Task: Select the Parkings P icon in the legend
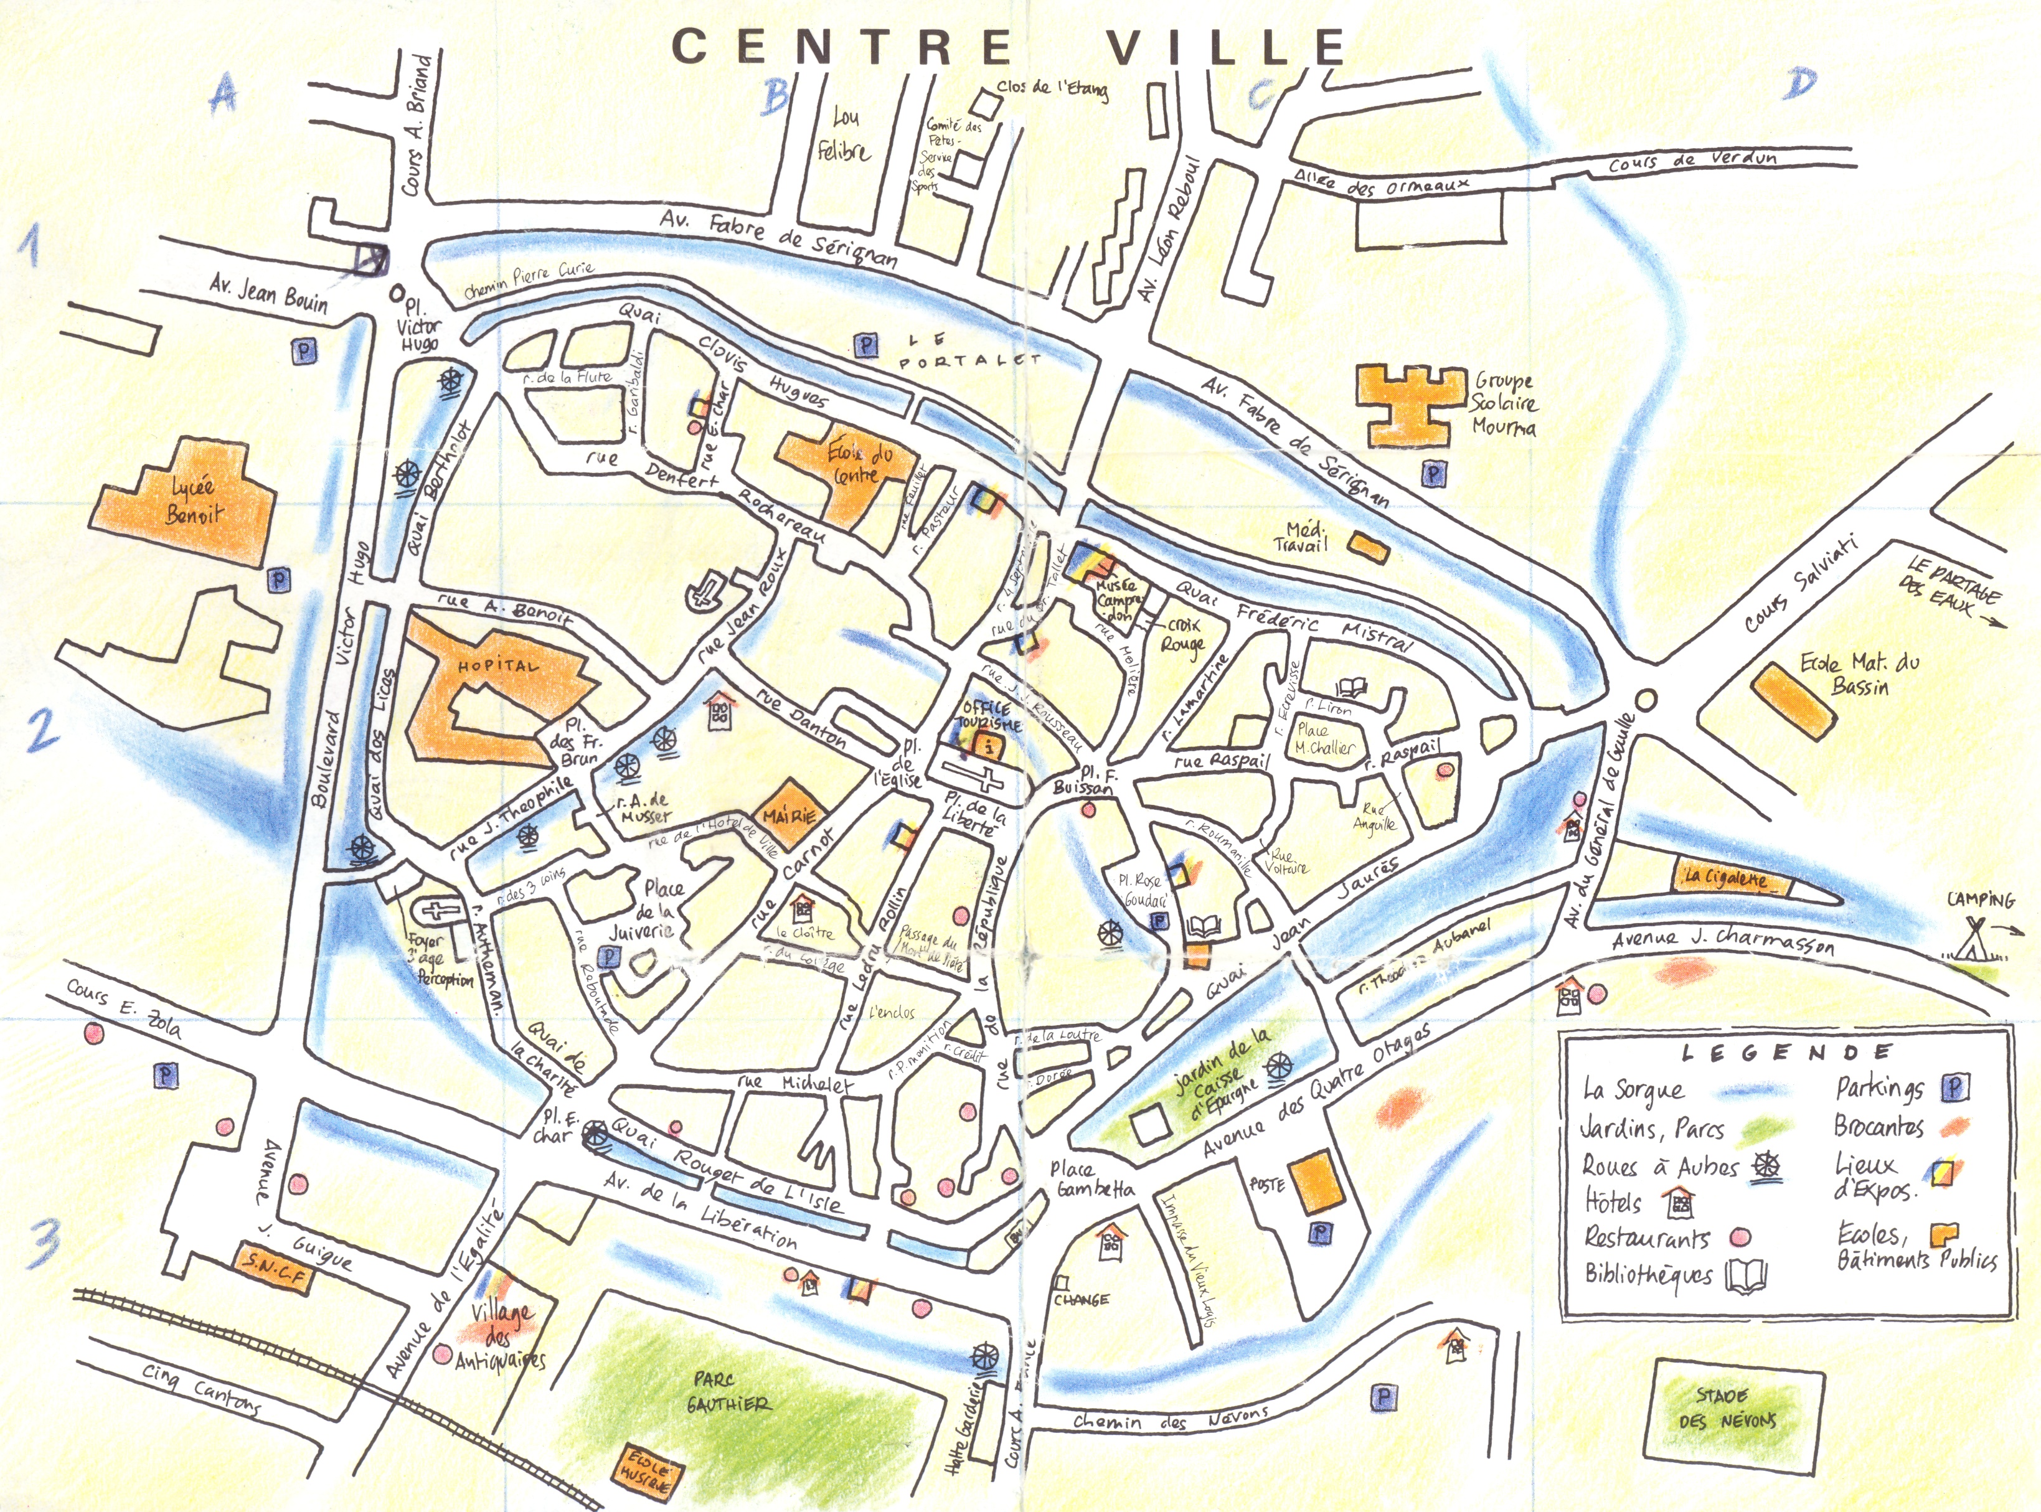pyautogui.click(x=1954, y=1087)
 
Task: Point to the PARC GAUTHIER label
pyautogui.click(x=731, y=1391)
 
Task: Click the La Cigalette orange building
pyautogui.click(x=1726, y=878)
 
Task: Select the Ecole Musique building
pyautogui.click(x=646, y=1472)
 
